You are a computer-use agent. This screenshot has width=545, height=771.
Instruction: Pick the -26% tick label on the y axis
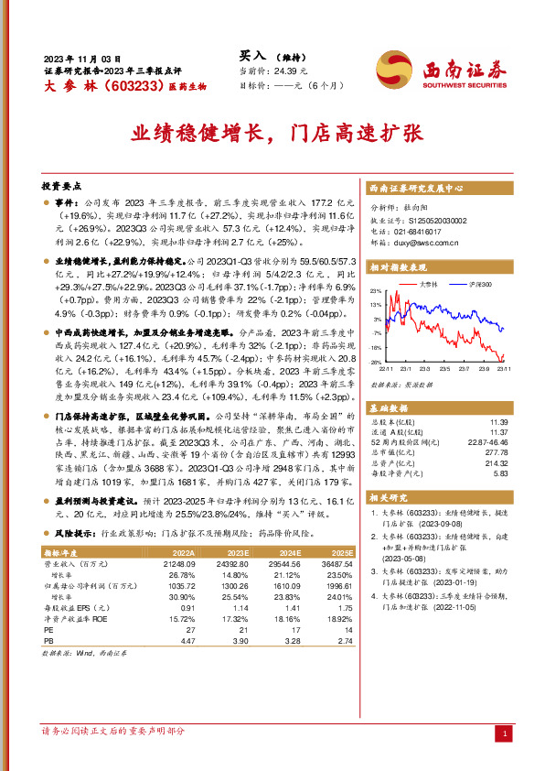tap(376, 363)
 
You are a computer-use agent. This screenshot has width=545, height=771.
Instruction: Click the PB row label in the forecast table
tap(48, 642)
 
